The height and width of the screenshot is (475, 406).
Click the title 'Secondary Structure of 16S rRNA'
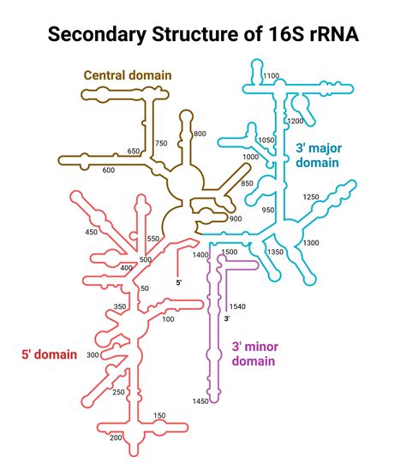(203, 35)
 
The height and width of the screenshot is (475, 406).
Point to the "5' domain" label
(49, 354)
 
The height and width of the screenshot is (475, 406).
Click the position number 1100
(272, 76)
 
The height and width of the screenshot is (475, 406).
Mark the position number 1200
(296, 122)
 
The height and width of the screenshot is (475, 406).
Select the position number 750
(161, 144)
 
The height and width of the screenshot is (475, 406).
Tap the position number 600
(108, 169)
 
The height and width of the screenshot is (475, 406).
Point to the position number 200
(116, 437)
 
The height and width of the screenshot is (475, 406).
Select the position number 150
(159, 416)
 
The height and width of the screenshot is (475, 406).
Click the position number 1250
(311, 197)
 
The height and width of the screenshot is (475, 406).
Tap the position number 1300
(311, 243)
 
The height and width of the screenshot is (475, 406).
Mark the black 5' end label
(178, 282)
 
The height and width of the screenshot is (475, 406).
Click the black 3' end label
(227, 318)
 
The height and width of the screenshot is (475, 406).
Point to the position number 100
(168, 319)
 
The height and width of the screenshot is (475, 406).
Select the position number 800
(200, 134)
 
